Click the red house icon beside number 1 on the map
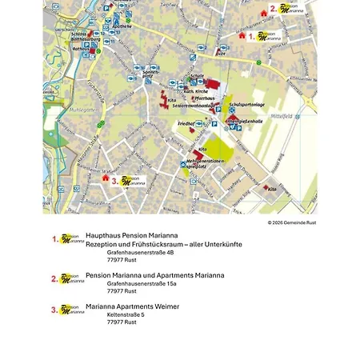click(x=242, y=34)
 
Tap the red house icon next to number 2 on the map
click(x=264, y=13)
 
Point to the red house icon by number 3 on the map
click(x=105, y=178)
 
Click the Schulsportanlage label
click(x=245, y=105)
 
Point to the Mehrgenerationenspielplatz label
click(x=207, y=164)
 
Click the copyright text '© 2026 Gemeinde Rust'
click(x=292, y=222)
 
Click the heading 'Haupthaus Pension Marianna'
click(x=132, y=235)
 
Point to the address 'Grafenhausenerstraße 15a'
click(x=142, y=283)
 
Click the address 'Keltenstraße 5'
click(x=126, y=314)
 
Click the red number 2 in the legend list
click(x=54, y=278)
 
